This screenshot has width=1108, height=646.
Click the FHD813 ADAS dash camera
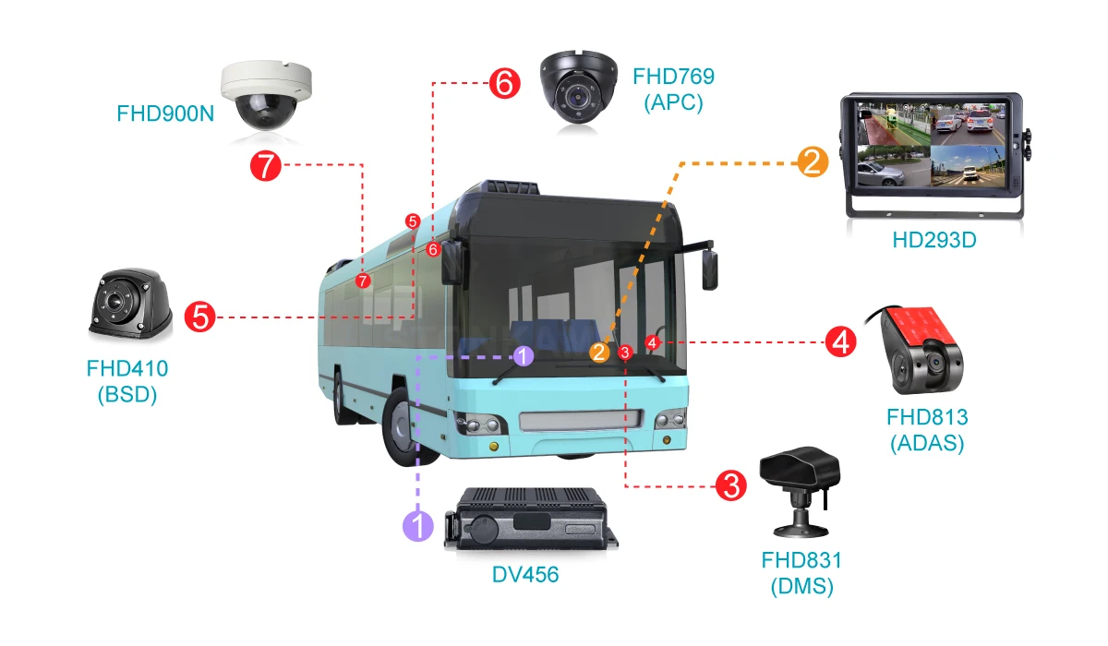tap(920, 350)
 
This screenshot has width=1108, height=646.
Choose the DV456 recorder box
tap(531, 519)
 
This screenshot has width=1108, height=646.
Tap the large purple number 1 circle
tap(418, 526)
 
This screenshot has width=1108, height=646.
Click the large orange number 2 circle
tap(813, 161)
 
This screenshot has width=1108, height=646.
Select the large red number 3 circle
tap(731, 485)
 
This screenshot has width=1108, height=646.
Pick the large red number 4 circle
tap(841, 341)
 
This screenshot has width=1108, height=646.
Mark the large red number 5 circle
tap(199, 317)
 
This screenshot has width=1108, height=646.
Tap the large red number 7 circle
tap(266, 165)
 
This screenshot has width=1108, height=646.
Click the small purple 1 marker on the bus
tap(523, 356)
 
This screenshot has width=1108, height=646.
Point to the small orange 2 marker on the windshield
tap(599, 353)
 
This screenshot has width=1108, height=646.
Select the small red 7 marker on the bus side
tap(363, 281)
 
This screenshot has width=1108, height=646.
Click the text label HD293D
tap(933, 240)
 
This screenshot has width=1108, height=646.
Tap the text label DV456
tap(525, 575)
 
